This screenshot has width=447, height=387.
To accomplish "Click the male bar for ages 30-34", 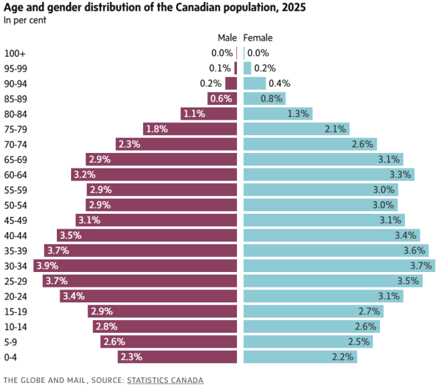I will coord(135,265).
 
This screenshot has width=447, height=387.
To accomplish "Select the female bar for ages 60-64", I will coord(328,175).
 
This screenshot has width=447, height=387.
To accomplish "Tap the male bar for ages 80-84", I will coord(209,114).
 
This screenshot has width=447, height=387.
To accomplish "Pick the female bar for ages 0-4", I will coord(299,357).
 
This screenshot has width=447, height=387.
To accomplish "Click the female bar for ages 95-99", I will coord(247,68).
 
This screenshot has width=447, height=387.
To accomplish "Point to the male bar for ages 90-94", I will coord(232,83).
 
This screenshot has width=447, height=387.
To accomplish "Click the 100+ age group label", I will coord(15,53).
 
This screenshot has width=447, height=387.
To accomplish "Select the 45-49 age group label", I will coord(16,220).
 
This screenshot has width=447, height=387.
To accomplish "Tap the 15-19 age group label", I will coord(16,311).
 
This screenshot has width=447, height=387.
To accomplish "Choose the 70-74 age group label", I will coord(16,144).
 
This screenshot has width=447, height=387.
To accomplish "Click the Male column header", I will coord(228,38).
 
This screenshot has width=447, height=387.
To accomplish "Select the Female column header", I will coord(258,38).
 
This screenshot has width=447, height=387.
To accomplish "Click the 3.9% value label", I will coord(46,265).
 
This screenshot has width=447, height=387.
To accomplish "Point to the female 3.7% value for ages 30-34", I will coord(421,265).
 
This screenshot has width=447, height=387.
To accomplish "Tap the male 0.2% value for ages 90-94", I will coord(211,83).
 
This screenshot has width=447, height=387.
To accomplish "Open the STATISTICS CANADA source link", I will coord(165,380).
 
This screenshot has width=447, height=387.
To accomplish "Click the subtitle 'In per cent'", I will coord(24,20).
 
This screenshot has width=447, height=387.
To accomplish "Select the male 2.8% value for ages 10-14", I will coord(106,326).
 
